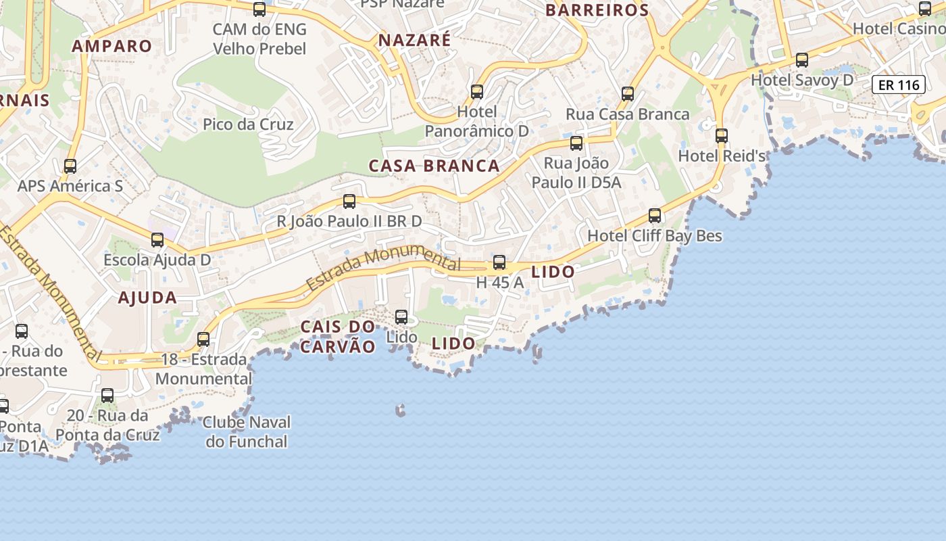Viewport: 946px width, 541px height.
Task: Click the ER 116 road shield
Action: (x=899, y=85)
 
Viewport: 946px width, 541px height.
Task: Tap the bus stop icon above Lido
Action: (x=401, y=316)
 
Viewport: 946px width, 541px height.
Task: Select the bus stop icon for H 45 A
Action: (x=499, y=262)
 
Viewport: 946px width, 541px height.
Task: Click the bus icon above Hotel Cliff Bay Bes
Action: (x=655, y=216)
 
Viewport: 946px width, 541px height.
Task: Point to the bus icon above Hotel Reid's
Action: (x=722, y=135)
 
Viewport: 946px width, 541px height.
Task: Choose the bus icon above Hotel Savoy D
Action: (x=802, y=60)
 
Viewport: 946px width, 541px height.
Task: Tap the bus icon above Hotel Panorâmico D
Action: (x=477, y=91)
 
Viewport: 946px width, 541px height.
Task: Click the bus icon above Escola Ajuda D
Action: (x=157, y=240)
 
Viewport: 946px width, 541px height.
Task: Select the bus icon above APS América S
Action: (x=70, y=166)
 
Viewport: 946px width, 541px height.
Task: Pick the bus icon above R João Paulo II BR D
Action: (x=349, y=201)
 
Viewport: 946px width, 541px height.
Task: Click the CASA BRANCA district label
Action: (x=434, y=166)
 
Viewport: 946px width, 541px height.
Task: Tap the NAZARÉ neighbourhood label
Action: (x=414, y=40)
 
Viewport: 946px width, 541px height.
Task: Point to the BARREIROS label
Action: (x=597, y=10)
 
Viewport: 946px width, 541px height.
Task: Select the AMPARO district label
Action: (x=112, y=46)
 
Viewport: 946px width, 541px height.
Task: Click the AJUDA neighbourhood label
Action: (x=147, y=298)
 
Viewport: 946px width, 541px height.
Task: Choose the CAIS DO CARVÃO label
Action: (x=338, y=337)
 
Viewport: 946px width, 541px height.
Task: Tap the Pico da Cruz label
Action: (x=248, y=124)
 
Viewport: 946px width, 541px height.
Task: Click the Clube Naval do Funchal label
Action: (x=247, y=432)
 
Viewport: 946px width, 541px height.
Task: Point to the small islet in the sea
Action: (x=401, y=410)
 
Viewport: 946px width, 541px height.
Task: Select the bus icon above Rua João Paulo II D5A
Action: (x=576, y=143)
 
